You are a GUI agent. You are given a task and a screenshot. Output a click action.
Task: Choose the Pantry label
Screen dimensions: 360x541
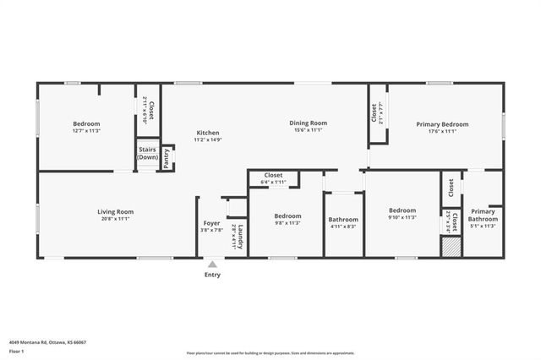tap(167, 159)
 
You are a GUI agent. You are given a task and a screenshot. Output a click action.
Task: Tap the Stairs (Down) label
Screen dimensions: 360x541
tap(148, 153)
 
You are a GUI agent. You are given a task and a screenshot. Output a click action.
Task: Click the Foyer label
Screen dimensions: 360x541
tap(210, 226)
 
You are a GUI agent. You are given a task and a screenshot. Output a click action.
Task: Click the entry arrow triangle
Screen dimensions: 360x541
tap(212, 265)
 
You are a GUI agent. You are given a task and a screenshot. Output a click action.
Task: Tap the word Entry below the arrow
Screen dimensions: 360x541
tap(212, 275)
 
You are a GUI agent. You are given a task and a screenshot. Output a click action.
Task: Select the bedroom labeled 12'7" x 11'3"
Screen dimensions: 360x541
tap(86, 127)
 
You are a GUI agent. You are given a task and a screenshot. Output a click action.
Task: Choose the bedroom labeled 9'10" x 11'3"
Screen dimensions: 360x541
tap(402, 213)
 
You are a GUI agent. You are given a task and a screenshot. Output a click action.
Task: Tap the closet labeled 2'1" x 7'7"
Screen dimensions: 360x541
tap(374, 112)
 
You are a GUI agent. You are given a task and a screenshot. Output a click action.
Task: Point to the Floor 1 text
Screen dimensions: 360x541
tap(17, 351)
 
